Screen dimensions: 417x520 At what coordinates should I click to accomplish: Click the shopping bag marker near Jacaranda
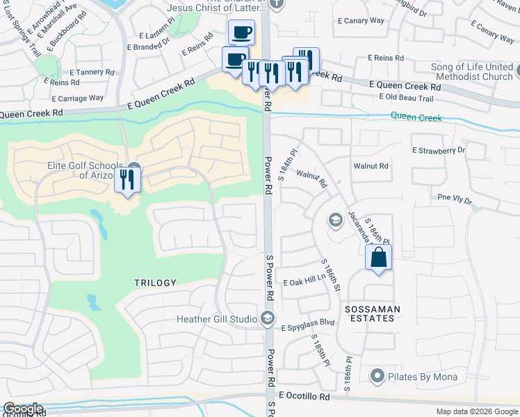click(x=378, y=257)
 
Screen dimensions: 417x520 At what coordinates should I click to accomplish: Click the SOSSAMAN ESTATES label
click(x=368, y=312)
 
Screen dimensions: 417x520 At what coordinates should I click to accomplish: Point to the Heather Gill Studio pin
click(x=268, y=319)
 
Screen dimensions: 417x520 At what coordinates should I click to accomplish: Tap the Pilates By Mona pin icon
click(x=377, y=377)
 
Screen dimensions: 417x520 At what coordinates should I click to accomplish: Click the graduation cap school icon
click(x=335, y=220)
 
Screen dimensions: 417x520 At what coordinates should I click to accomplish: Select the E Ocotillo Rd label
click(x=304, y=395)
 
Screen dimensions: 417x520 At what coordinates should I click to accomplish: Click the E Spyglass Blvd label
click(x=308, y=324)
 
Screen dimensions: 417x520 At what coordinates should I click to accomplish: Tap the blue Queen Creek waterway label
click(x=416, y=117)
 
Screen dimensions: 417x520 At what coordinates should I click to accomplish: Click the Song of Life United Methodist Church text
click(x=462, y=72)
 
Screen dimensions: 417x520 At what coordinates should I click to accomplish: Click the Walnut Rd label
click(x=371, y=166)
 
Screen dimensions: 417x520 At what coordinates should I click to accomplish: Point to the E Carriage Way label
click(x=77, y=99)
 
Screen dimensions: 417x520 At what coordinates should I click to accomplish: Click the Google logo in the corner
click(x=23, y=409)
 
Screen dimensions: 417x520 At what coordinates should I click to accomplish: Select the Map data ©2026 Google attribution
click(x=477, y=411)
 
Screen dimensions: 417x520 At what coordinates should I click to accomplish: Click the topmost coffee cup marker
click(x=241, y=32)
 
